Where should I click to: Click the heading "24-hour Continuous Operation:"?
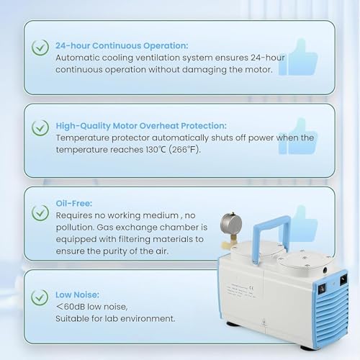(122, 45)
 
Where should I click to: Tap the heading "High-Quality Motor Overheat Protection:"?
(141, 126)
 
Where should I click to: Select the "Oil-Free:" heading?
(74, 204)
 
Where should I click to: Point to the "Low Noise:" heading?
(77, 294)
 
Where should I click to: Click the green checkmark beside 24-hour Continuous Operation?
(40, 48)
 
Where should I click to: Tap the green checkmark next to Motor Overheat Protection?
(40, 127)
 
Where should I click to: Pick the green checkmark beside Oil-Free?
(40, 212)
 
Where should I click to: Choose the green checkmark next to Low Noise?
(40, 297)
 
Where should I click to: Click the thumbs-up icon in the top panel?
(299, 58)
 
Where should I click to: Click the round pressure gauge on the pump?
(231, 224)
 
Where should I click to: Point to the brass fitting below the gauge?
(233, 240)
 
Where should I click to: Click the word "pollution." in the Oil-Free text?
(75, 228)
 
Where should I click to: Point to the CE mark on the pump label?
(251, 288)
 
